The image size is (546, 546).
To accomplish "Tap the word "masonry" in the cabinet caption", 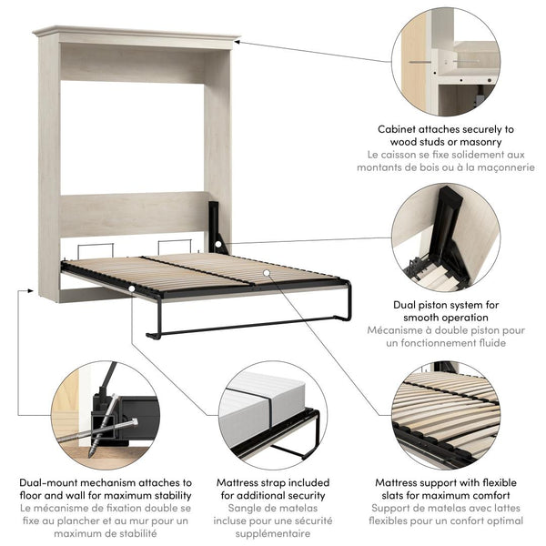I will point(481,143).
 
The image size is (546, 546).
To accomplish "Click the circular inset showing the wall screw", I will point(445,64).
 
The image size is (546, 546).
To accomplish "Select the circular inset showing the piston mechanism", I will point(445,238).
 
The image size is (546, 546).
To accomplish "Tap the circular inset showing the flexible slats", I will point(445,414).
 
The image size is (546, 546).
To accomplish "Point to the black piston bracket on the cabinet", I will point(216,227).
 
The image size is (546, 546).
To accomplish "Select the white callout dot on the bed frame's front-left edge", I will point(133,288).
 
